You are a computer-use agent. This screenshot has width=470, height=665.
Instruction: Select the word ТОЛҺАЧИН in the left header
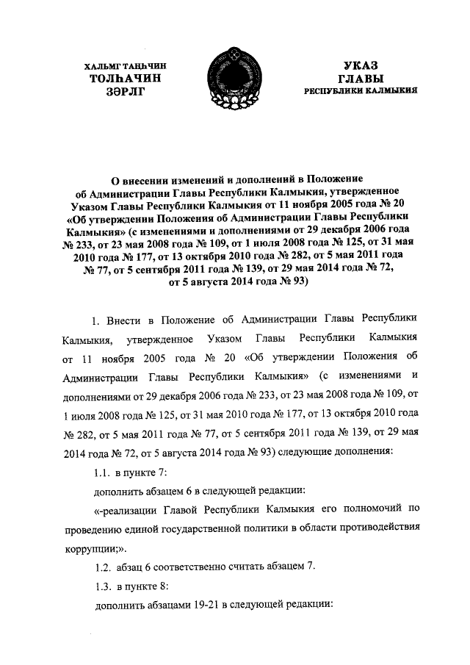[122, 77]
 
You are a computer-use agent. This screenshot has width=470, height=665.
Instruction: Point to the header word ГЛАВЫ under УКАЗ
[360, 77]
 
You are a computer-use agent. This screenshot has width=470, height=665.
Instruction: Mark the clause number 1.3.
[105, 586]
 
